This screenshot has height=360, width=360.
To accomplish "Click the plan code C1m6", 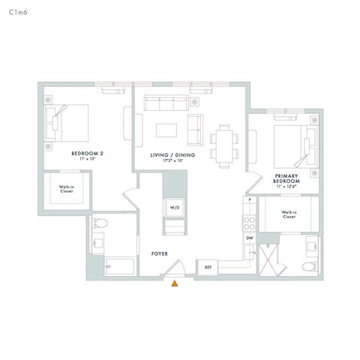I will pyautogui.click(x=17, y=13).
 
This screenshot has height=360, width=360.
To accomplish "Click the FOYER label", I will pyautogui.click(x=160, y=254).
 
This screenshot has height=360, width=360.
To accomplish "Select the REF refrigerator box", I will pyautogui.click(x=206, y=267).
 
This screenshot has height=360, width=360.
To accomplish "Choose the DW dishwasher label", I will pyautogui.click(x=250, y=238).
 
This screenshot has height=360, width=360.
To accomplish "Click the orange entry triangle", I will pyautogui.click(x=175, y=283).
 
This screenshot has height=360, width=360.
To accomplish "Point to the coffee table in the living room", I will pyautogui.click(x=167, y=130).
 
